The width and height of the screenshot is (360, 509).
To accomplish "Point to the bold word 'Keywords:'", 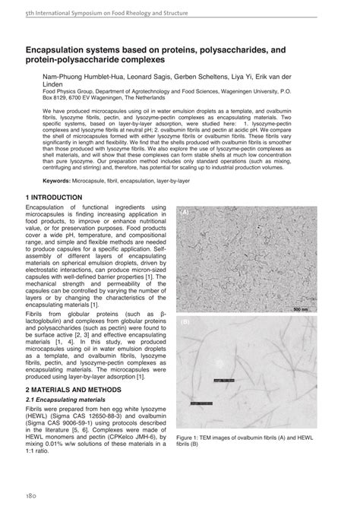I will pos(62,180).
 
